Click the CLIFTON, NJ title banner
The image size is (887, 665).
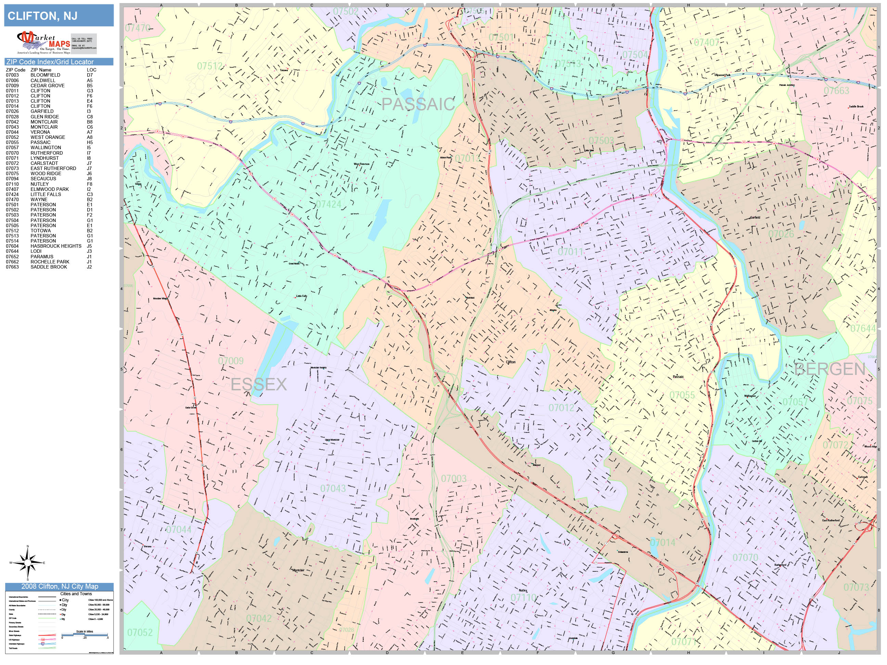click(59, 16)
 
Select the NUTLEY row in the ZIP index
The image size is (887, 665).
click(40, 184)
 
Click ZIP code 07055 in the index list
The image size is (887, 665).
click(12, 143)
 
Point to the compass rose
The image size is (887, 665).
click(28, 563)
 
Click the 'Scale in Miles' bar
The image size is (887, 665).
click(85, 635)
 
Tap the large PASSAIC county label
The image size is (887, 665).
click(417, 104)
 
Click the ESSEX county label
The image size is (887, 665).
click(259, 385)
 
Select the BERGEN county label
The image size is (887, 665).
click(830, 369)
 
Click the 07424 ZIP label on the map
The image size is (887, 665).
click(328, 205)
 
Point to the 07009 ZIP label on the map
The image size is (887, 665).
click(231, 361)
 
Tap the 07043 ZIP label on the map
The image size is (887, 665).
click(333, 488)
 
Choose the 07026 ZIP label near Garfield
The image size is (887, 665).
click(781, 234)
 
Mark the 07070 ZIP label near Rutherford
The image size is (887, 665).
click(745, 558)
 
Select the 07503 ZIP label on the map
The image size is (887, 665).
click(601, 140)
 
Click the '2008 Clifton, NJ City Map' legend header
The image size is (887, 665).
click(59, 586)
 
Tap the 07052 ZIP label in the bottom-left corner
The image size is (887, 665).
click(140, 633)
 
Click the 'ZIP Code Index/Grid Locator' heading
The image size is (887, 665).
click(50, 62)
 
